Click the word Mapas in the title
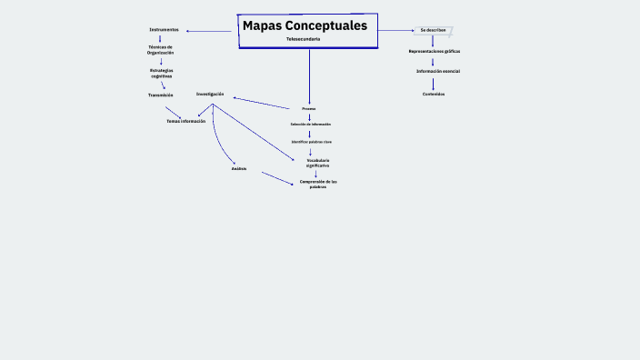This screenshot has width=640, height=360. (261, 26)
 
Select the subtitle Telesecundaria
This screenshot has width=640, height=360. (303, 39)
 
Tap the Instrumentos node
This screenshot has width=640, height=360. (164, 30)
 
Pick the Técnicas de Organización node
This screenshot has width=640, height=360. (161, 50)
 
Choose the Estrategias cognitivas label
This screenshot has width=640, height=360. (161, 73)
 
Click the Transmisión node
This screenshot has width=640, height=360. (161, 95)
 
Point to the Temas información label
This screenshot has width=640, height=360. (185, 121)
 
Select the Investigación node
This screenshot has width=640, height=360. (210, 94)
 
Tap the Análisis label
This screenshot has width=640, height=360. (239, 168)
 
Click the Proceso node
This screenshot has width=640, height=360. (309, 108)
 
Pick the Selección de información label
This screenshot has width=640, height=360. (311, 124)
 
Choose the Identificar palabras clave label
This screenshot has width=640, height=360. (311, 142)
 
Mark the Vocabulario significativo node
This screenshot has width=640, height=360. (317, 163)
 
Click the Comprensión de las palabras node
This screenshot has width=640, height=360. (318, 184)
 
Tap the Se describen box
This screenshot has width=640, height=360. (433, 30)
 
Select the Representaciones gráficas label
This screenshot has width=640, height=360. (434, 51)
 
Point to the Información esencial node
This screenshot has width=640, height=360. (438, 71)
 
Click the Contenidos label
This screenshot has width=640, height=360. (434, 94)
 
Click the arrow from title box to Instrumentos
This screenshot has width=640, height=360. (209, 31)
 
